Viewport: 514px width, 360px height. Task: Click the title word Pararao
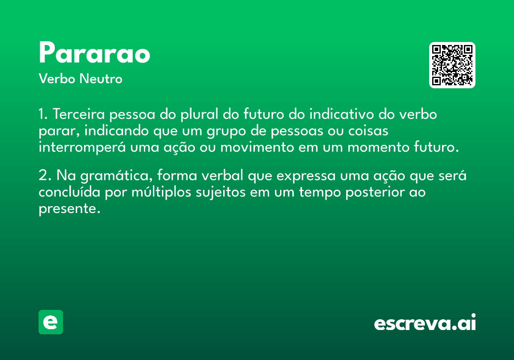[95, 52]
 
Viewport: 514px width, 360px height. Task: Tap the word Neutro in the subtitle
[101, 78]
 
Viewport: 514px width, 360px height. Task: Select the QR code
[452, 65]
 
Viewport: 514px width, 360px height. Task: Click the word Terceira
[79, 114]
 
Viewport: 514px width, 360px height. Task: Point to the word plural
[200, 114]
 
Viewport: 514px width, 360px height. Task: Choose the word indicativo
[342, 114]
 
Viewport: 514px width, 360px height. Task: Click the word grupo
[226, 131]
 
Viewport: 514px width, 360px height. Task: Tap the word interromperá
[82, 147]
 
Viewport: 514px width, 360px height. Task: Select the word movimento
[257, 147]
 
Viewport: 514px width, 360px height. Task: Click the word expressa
[306, 176]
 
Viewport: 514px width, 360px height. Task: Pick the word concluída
[69, 192]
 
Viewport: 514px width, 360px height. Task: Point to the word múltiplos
[161, 192]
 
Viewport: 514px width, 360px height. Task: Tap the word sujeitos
[221, 192]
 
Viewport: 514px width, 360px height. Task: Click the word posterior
[375, 192]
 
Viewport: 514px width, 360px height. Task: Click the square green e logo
[51, 322]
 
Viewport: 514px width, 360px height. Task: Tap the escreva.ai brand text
[425, 322]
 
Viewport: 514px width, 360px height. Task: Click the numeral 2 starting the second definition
[43, 176]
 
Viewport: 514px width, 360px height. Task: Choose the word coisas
[368, 131]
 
